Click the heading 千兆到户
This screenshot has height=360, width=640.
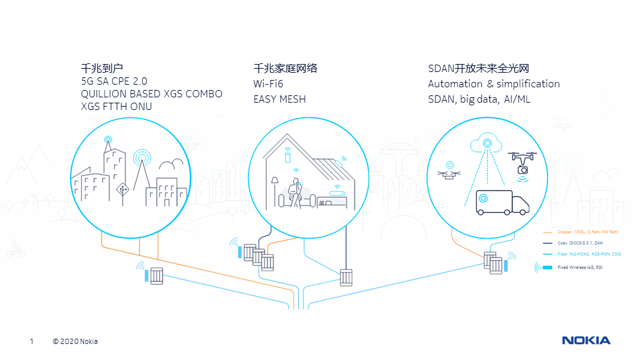pos(102,68)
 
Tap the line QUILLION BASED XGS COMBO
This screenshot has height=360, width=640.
pos(151,94)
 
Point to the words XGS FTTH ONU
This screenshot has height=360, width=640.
pos(116,107)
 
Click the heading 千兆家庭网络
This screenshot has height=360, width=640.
pos(285,68)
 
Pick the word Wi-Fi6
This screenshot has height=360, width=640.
pos(268,84)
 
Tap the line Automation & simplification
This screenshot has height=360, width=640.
pos(494,84)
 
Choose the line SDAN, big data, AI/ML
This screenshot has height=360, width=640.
pos(479,99)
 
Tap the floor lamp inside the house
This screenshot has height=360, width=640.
pos(274,189)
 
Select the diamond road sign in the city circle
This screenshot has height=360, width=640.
pos(122,190)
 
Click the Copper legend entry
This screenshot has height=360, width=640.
pos(579,231)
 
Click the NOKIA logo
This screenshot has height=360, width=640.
pos(585,341)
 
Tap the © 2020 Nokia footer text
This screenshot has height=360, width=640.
pos(75,342)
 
